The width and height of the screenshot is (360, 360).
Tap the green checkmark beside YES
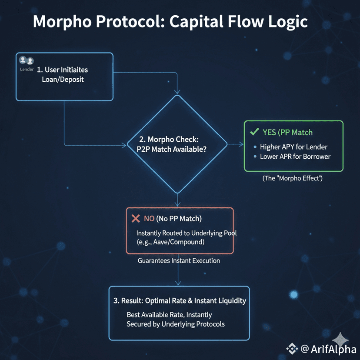tap(253, 132)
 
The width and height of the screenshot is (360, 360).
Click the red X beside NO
tap(135, 218)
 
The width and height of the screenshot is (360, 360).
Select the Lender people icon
tap(27, 61)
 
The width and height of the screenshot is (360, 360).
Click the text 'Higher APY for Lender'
tap(293, 147)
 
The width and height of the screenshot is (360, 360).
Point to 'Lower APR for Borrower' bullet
tap(295, 156)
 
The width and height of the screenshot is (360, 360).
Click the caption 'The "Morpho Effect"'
tap(293, 178)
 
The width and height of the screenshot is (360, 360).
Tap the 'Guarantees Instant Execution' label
tap(179, 261)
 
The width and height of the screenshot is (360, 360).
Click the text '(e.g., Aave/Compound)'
tap(170, 241)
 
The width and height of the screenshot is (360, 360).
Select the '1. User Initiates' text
tap(68, 70)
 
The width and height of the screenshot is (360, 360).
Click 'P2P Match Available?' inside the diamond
tap(171, 148)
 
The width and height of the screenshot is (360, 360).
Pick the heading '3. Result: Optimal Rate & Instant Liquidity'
tap(179, 300)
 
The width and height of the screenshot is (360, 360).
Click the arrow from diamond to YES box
tap(235, 144)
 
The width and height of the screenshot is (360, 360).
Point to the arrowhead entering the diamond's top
tap(177, 92)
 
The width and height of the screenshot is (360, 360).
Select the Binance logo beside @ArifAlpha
tap(291, 348)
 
